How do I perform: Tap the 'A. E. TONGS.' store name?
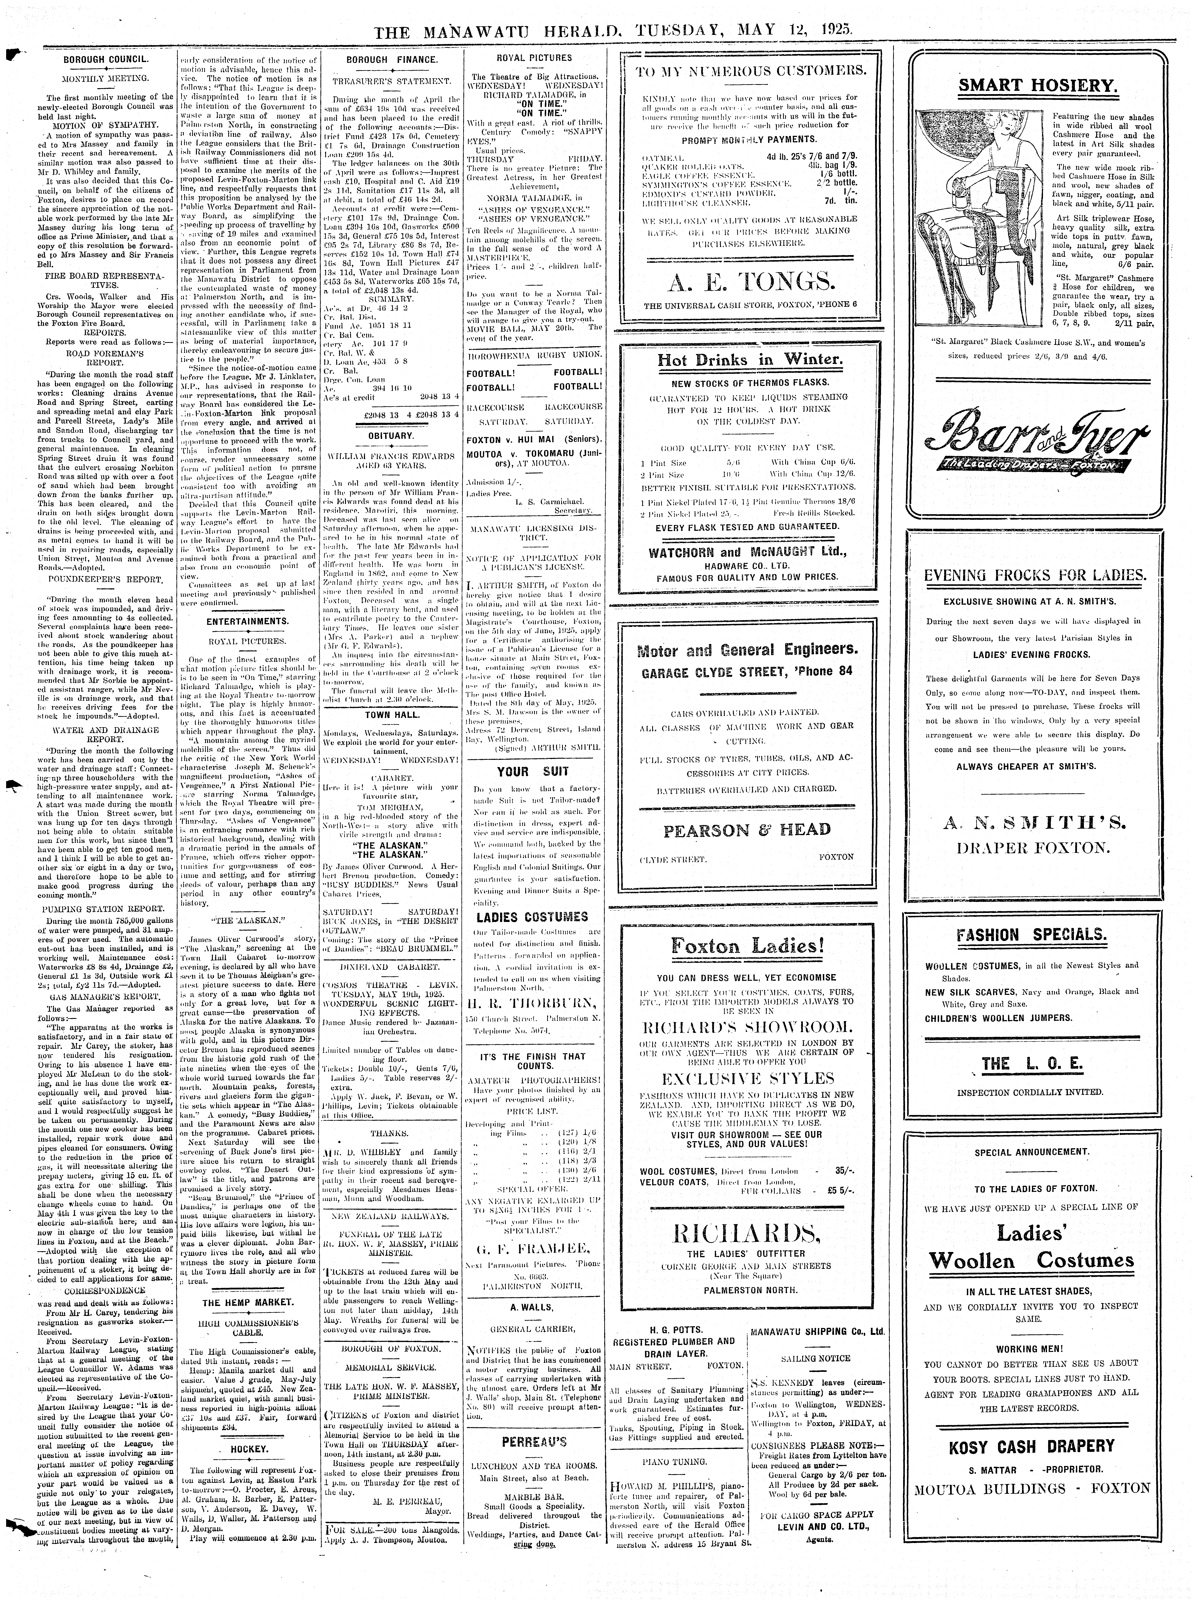coord(749,281)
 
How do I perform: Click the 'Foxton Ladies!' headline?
coord(748,946)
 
